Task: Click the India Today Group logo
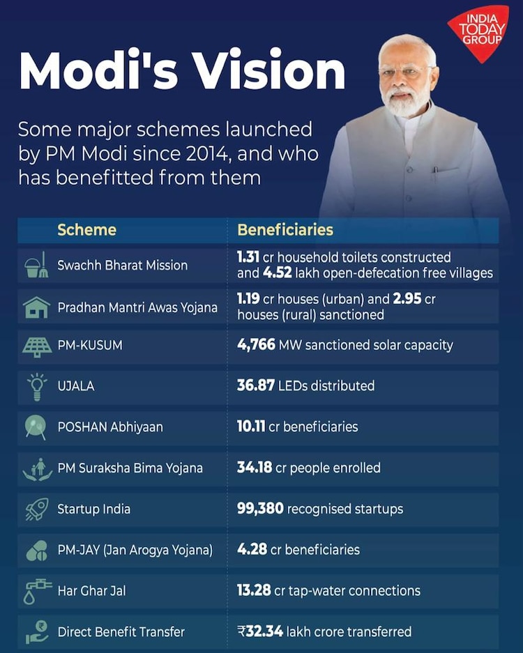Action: tap(479, 31)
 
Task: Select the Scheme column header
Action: tap(86, 230)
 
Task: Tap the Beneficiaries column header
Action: tap(285, 230)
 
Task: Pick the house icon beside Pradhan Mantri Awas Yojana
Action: tap(36, 307)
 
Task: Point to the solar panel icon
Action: tap(36, 346)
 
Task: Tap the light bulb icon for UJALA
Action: tap(36, 386)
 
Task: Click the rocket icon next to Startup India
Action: tap(36, 509)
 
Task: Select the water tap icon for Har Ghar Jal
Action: tap(36, 591)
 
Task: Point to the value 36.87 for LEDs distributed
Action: tap(256, 385)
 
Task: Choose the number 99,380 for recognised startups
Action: tap(260, 509)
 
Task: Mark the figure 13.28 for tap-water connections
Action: tap(254, 590)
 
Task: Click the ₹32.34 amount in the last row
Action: tap(260, 631)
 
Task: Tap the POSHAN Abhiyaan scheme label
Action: tap(110, 427)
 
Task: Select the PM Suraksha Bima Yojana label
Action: tap(130, 468)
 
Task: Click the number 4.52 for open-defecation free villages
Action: tap(277, 273)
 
